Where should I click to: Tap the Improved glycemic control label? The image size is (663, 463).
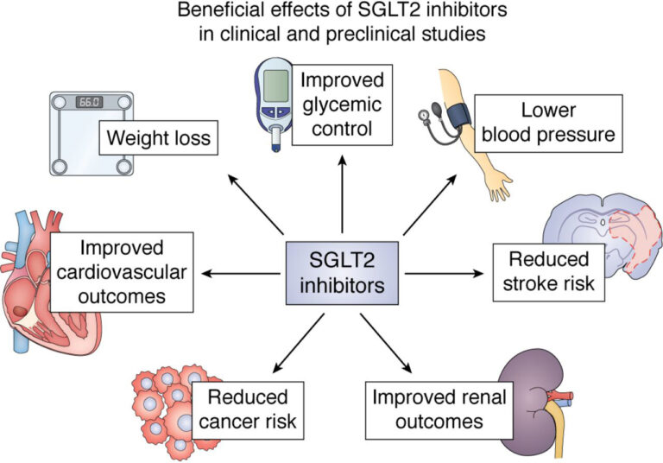(342, 105)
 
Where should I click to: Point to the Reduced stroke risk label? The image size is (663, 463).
(546, 271)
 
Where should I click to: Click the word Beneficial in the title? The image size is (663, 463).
(209, 12)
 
